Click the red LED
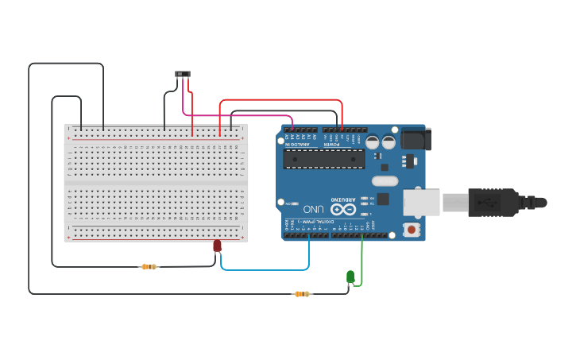click(x=217, y=246)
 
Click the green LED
click(x=350, y=276)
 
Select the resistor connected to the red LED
click(x=149, y=267)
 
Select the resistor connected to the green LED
click(x=302, y=294)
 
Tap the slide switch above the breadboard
click(x=183, y=74)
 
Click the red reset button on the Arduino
click(x=412, y=230)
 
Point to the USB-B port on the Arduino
click(x=421, y=202)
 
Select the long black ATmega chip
click(x=324, y=160)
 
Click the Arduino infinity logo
click(x=343, y=209)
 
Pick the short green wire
click(x=361, y=262)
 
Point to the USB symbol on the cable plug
click(x=486, y=202)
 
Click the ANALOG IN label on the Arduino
click(x=297, y=144)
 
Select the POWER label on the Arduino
click(x=331, y=144)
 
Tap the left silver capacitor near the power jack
click(x=372, y=142)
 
